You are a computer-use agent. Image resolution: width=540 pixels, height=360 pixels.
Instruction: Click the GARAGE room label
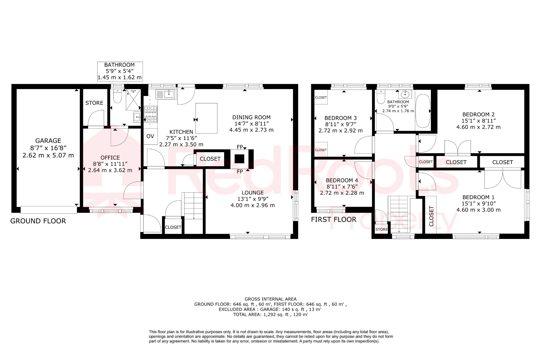(x=48, y=141)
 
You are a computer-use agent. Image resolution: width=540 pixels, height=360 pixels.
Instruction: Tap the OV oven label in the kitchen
(x=150, y=136)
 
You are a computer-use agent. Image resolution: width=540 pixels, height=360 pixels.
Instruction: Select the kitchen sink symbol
(x=165, y=94)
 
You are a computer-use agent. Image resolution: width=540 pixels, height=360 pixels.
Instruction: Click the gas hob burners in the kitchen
(x=151, y=114)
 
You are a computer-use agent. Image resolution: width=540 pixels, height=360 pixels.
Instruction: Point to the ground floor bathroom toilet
(x=117, y=97)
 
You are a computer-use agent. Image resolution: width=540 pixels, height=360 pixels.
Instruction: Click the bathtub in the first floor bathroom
(x=423, y=111)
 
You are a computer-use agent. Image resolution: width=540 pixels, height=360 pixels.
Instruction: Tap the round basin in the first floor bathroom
(x=405, y=94)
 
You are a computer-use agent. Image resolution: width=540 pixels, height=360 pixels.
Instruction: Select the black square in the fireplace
(x=239, y=159)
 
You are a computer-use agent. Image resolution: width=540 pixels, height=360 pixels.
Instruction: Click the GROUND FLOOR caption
(x=38, y=221)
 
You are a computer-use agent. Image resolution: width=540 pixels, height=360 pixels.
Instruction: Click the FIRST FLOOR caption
(x=334, y=219)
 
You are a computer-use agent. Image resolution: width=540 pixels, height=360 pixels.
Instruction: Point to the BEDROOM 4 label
(x=342, y=180)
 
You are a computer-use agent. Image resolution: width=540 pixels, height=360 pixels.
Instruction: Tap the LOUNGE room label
(x=253, y=193)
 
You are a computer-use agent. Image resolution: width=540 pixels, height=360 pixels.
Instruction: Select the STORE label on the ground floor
(x=94, y=103)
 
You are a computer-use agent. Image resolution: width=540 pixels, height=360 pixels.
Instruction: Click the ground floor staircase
(x=193, y=206)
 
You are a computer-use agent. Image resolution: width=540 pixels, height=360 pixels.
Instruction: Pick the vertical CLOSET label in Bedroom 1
(x=431, y=216)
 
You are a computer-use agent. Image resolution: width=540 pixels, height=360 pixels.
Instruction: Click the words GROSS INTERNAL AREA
(x=271, y=299)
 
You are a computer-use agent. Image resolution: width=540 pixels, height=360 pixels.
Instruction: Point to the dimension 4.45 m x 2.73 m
(x=251, y=130)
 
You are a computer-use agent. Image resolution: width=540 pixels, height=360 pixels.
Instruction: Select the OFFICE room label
(x=110, y=158)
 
